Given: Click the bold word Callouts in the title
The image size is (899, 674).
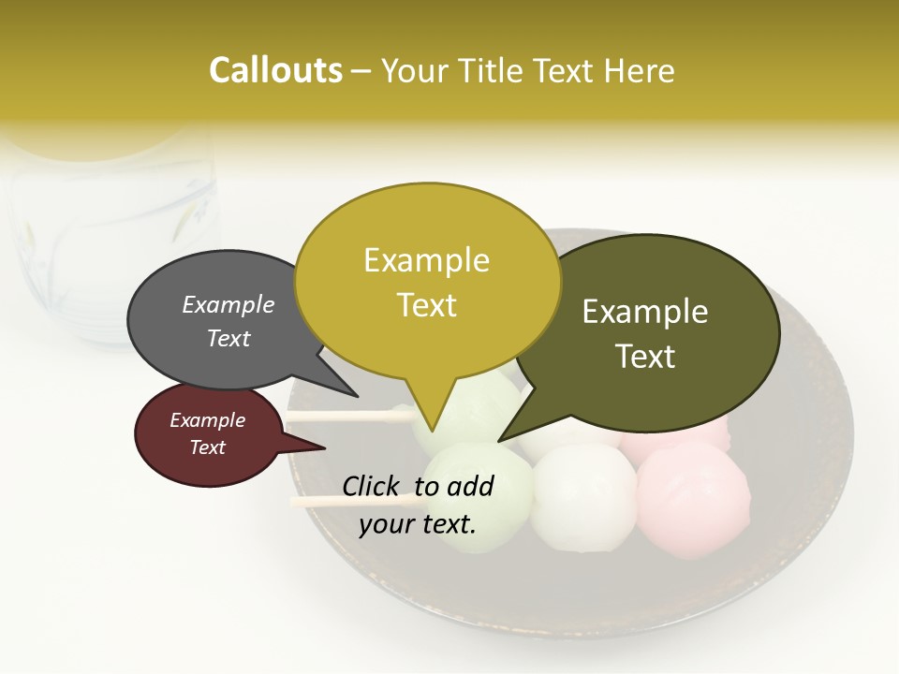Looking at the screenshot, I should [x=275, y=70].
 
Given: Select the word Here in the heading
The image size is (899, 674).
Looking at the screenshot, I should [x=637, y=70].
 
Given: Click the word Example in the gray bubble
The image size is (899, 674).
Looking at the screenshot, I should [x=228, y=305].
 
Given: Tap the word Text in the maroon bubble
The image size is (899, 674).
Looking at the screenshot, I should [x=208, y=447].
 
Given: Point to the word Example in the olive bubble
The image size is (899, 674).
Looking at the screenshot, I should [x=645, y=312].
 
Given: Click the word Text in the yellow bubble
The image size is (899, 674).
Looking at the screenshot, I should [x=427, y=305].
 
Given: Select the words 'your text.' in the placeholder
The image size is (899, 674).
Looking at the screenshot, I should [x=418, y=525].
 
